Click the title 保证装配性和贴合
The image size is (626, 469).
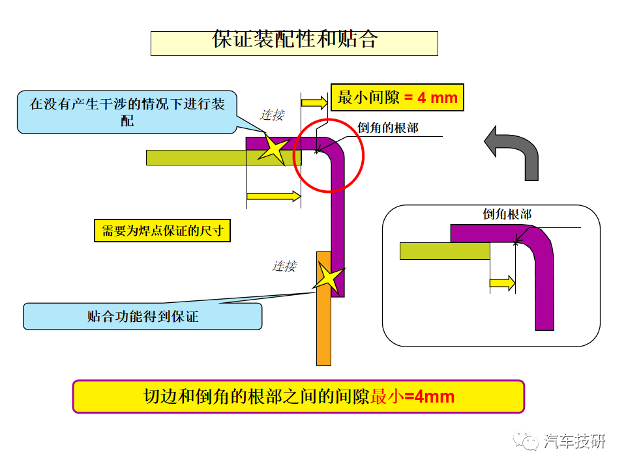point(294,40)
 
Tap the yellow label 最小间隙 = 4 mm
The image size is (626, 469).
point(397,97)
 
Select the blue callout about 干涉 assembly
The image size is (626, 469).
point(127,112)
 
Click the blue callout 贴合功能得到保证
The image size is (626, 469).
point(143,317)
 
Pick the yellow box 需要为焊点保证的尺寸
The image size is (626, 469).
point(162,231)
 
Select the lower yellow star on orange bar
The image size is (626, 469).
point(329,277)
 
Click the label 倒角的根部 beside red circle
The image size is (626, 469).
point(387,128)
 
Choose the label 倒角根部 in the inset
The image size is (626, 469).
point(507,214)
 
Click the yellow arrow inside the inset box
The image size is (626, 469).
point(502,283)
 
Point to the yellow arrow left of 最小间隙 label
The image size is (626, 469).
point(314,102)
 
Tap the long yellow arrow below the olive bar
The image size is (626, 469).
point(274,196)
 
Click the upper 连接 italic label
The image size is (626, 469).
point(273,115)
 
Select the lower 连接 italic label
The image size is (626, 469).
point(284,266)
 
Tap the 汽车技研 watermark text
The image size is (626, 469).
point(574,441)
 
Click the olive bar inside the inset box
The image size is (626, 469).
point(445,251)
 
